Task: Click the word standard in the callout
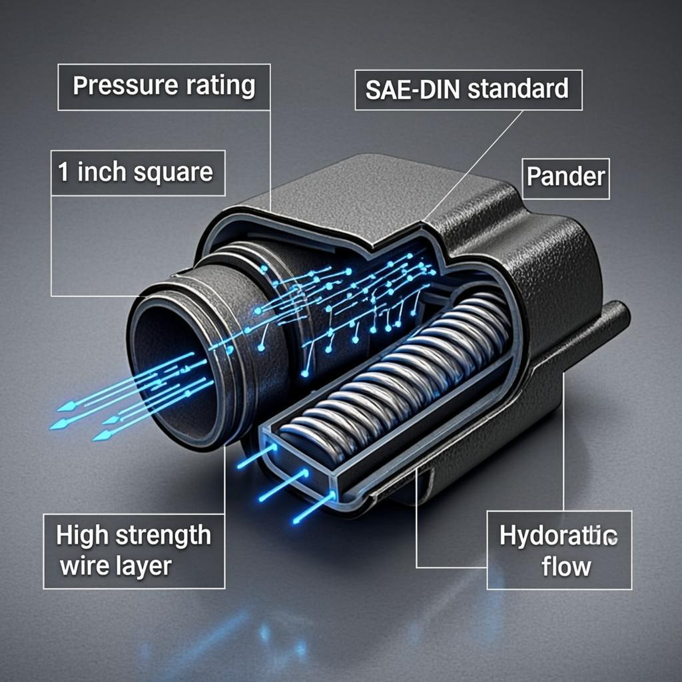517,89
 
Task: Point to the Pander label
565,177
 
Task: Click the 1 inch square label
138,172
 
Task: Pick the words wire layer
115,566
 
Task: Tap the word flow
566,567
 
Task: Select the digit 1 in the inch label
64,172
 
